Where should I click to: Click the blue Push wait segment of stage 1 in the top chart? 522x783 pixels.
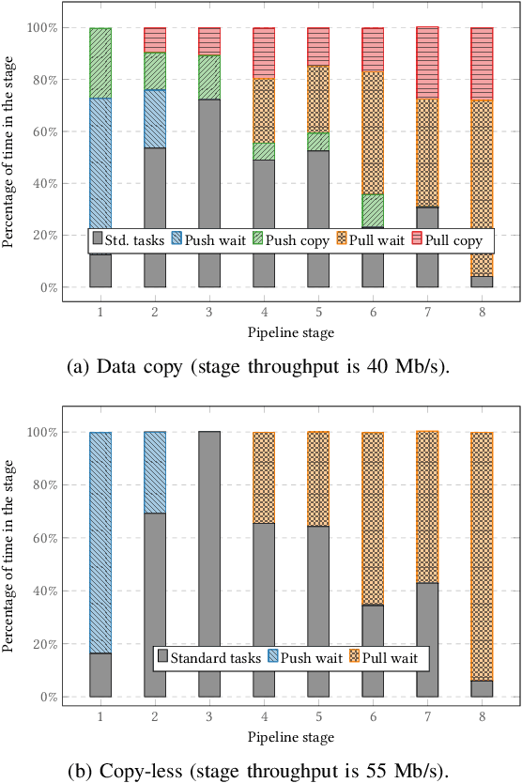tap(100, 160)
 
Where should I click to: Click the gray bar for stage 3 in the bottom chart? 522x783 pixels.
tap(209, 563)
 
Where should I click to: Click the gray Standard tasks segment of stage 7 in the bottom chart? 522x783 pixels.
tap(427, 639)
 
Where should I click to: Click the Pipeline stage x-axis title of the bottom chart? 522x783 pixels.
tap(291, 738)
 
